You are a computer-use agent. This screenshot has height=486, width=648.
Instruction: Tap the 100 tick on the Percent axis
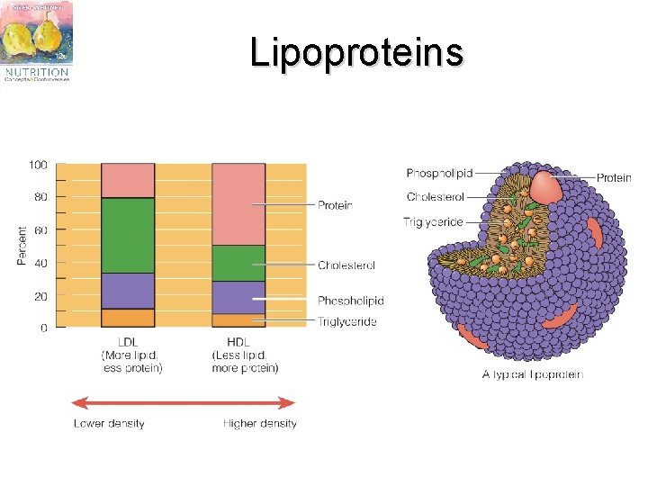pos(38,165)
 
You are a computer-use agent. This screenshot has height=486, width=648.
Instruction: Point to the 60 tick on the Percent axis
pos(41,230)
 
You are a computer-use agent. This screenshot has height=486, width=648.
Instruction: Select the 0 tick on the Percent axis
pos(44,328)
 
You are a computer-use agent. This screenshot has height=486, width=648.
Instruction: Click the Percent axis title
pos(22,246)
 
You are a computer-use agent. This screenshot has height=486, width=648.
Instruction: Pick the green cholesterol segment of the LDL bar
pos(128,235)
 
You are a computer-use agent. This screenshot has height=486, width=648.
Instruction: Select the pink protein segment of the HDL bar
pos(238,203)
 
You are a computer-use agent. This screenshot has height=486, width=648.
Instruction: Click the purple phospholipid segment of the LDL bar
pos(128,291)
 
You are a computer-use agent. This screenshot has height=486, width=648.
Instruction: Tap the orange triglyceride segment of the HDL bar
pos(238,320)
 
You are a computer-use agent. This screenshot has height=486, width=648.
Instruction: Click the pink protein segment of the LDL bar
pos(128,180)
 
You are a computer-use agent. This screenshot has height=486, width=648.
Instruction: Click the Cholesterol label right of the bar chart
pos(346,265)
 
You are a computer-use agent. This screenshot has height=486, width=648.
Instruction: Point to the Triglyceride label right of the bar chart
pos(347,321)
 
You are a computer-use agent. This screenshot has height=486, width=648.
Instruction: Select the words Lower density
pos(109,423)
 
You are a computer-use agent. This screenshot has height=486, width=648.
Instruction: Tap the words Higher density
pos(260,423)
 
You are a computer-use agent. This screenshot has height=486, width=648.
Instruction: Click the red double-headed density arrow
pos(184,402)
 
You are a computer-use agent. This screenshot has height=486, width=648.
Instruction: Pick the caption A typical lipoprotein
pos(532,374)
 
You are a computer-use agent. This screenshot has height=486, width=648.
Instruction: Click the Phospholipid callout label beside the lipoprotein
pos(439,173)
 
